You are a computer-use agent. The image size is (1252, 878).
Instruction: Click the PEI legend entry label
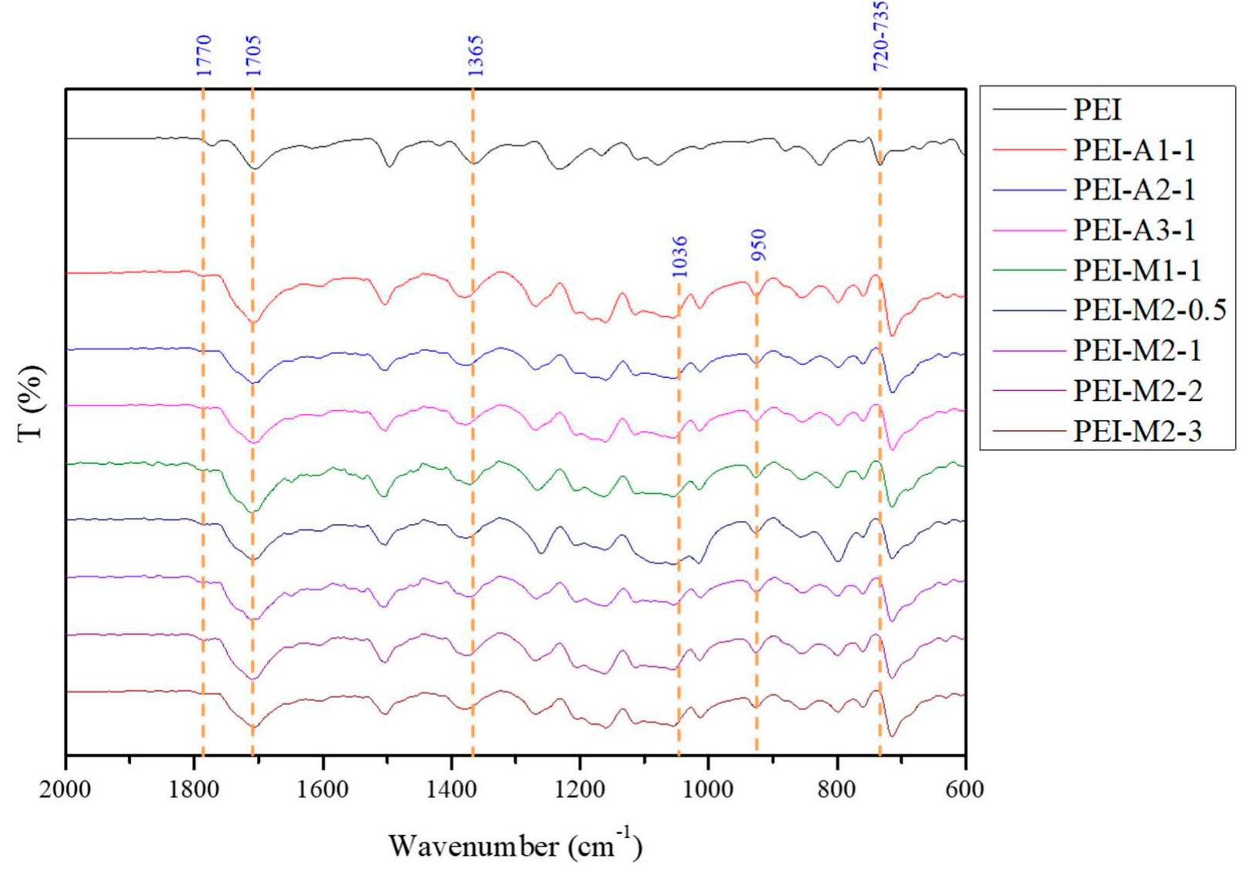(x=1097, y=109)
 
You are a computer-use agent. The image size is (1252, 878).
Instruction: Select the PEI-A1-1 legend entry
(x=1133, y=149)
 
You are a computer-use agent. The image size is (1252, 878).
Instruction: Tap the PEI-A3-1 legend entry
(x=1133, y=229)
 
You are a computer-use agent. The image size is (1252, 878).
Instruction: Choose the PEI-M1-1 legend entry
(x=1137, y=270)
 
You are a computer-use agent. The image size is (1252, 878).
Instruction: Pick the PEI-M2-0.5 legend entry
(x=1149, y=310)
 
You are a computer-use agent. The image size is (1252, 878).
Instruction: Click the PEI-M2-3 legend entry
(x=1137, y=431)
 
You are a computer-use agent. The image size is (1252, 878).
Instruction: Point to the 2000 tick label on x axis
(x=66, y=790)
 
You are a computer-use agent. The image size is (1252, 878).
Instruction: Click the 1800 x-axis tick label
(x=194, y=790)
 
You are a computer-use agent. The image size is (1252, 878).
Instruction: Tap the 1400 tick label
(x=451, y=790)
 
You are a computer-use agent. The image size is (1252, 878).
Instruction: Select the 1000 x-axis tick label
(x=707, y=790)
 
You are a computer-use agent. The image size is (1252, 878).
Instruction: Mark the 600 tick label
(x=964, y=790)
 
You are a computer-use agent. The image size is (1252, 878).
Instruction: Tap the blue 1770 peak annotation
(x=203, y=55)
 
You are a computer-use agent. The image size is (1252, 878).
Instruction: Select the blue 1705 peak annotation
(x=253, y=55)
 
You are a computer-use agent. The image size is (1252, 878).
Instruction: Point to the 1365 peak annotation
(x=476, y=55)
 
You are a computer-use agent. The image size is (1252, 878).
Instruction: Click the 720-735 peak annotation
(x=881, y=35)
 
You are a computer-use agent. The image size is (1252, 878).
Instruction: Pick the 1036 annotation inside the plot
(x=679, y=257)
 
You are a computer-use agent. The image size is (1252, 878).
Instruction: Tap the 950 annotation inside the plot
(x=759, y=245)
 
